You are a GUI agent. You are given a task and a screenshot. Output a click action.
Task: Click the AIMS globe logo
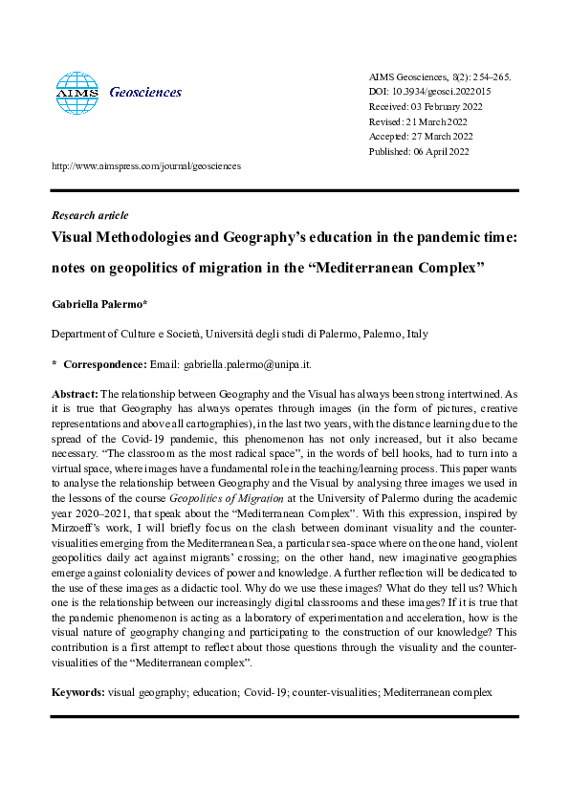coord(77,93)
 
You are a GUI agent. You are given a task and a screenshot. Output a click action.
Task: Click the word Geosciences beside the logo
coord(145,93)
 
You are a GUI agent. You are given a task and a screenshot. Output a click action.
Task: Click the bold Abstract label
coord(74,393)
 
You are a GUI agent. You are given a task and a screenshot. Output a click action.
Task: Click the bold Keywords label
coord(77,689)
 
